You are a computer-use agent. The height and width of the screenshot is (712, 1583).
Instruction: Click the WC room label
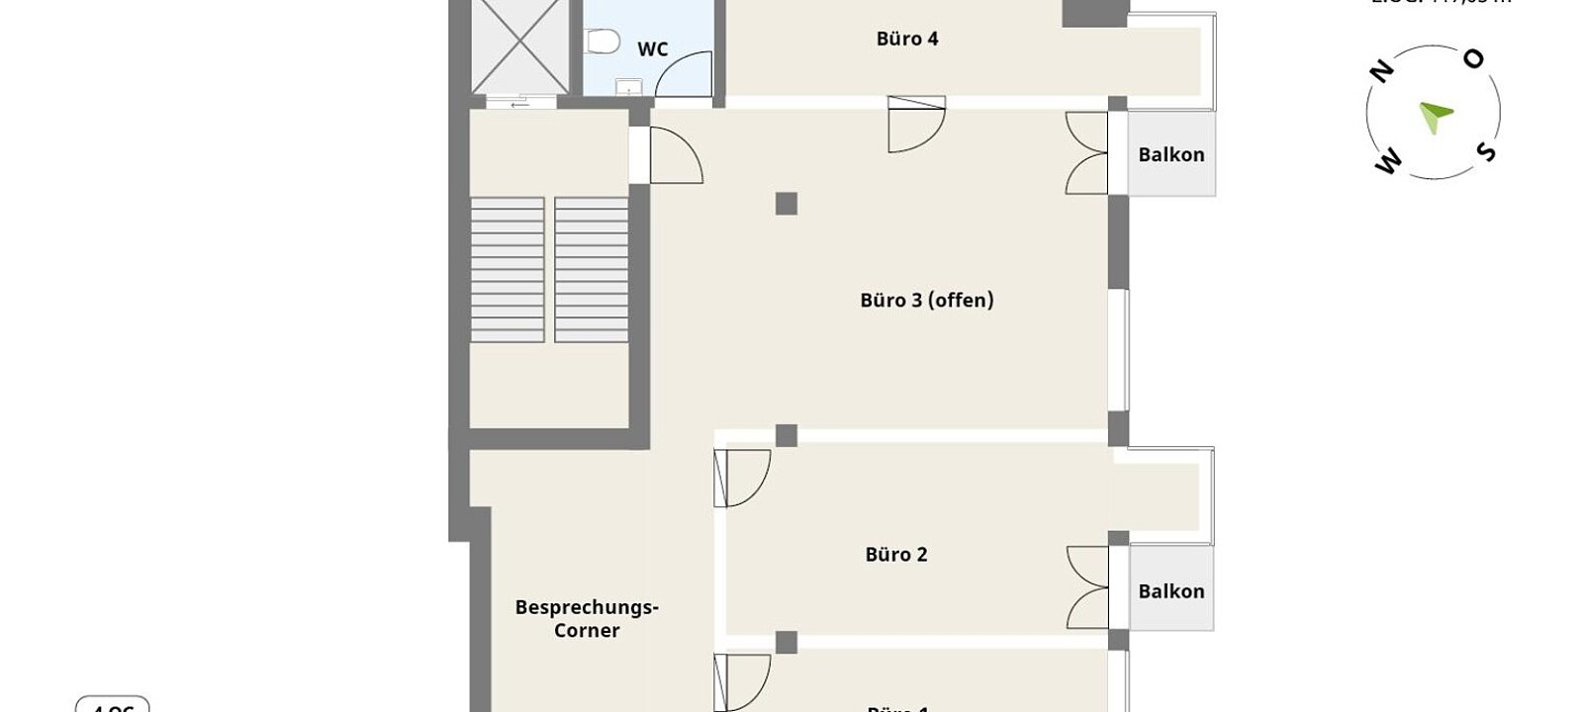652,49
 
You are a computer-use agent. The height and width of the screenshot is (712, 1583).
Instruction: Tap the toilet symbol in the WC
602,40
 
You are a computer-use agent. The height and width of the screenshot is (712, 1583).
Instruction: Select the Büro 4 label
906,40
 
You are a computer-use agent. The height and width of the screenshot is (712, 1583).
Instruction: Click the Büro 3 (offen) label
926,300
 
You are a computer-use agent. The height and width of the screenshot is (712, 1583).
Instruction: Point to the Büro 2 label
895,555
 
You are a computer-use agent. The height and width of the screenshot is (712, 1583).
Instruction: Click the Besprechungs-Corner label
587,619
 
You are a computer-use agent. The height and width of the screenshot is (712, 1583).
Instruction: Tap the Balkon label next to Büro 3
1170,155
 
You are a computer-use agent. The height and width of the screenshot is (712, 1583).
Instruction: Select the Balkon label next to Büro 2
1170,591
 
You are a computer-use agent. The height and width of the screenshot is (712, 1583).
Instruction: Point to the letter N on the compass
1381,70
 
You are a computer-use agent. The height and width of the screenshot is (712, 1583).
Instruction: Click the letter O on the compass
1473,60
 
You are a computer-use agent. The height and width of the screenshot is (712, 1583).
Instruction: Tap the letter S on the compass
1485,151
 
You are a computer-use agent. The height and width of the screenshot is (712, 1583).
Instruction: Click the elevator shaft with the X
520,46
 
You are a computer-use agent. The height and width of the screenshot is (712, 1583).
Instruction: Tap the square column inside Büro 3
786,204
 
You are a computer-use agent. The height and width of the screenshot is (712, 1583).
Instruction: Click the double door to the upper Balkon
1086,153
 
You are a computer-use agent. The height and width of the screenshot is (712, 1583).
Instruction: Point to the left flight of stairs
507,269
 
